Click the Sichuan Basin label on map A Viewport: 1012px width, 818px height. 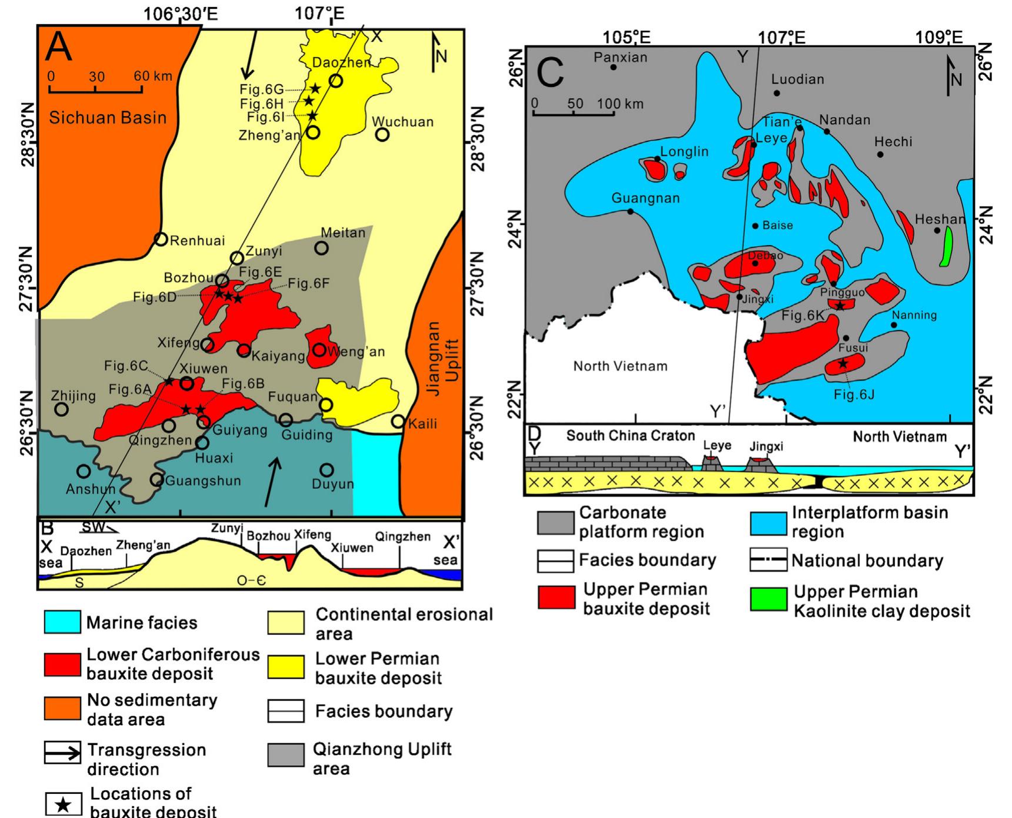pyautogui.click(x=108, y=118)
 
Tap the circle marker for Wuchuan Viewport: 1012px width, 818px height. pyautogui.click(x=382, y=135)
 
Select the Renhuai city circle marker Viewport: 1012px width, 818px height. pyautogui.click(x=161, y=239)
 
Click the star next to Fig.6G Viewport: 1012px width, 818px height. pyautogui.click(x=315, y=88)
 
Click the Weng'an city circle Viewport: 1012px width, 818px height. pyautogui.click(x=319, y=350)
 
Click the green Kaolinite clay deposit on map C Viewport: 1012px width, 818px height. pyautogui.click(x=947, y=247)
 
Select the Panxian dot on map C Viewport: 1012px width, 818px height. pyautogui.click(x=613, y=67)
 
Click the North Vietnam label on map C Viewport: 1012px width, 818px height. pyautogui.click(x=620, y=366)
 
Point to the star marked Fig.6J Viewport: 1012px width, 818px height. pyautogui.click(x=843, y=363)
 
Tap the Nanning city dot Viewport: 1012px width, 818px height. pyautogui.click(x=894, y=325)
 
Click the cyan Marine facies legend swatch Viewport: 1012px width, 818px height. pyautogui.click(x=62, y=622)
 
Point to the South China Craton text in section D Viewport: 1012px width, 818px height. pyautogui.click(x=630, y=436)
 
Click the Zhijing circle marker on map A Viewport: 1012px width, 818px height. pyautogui.click(x=61, y=409)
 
